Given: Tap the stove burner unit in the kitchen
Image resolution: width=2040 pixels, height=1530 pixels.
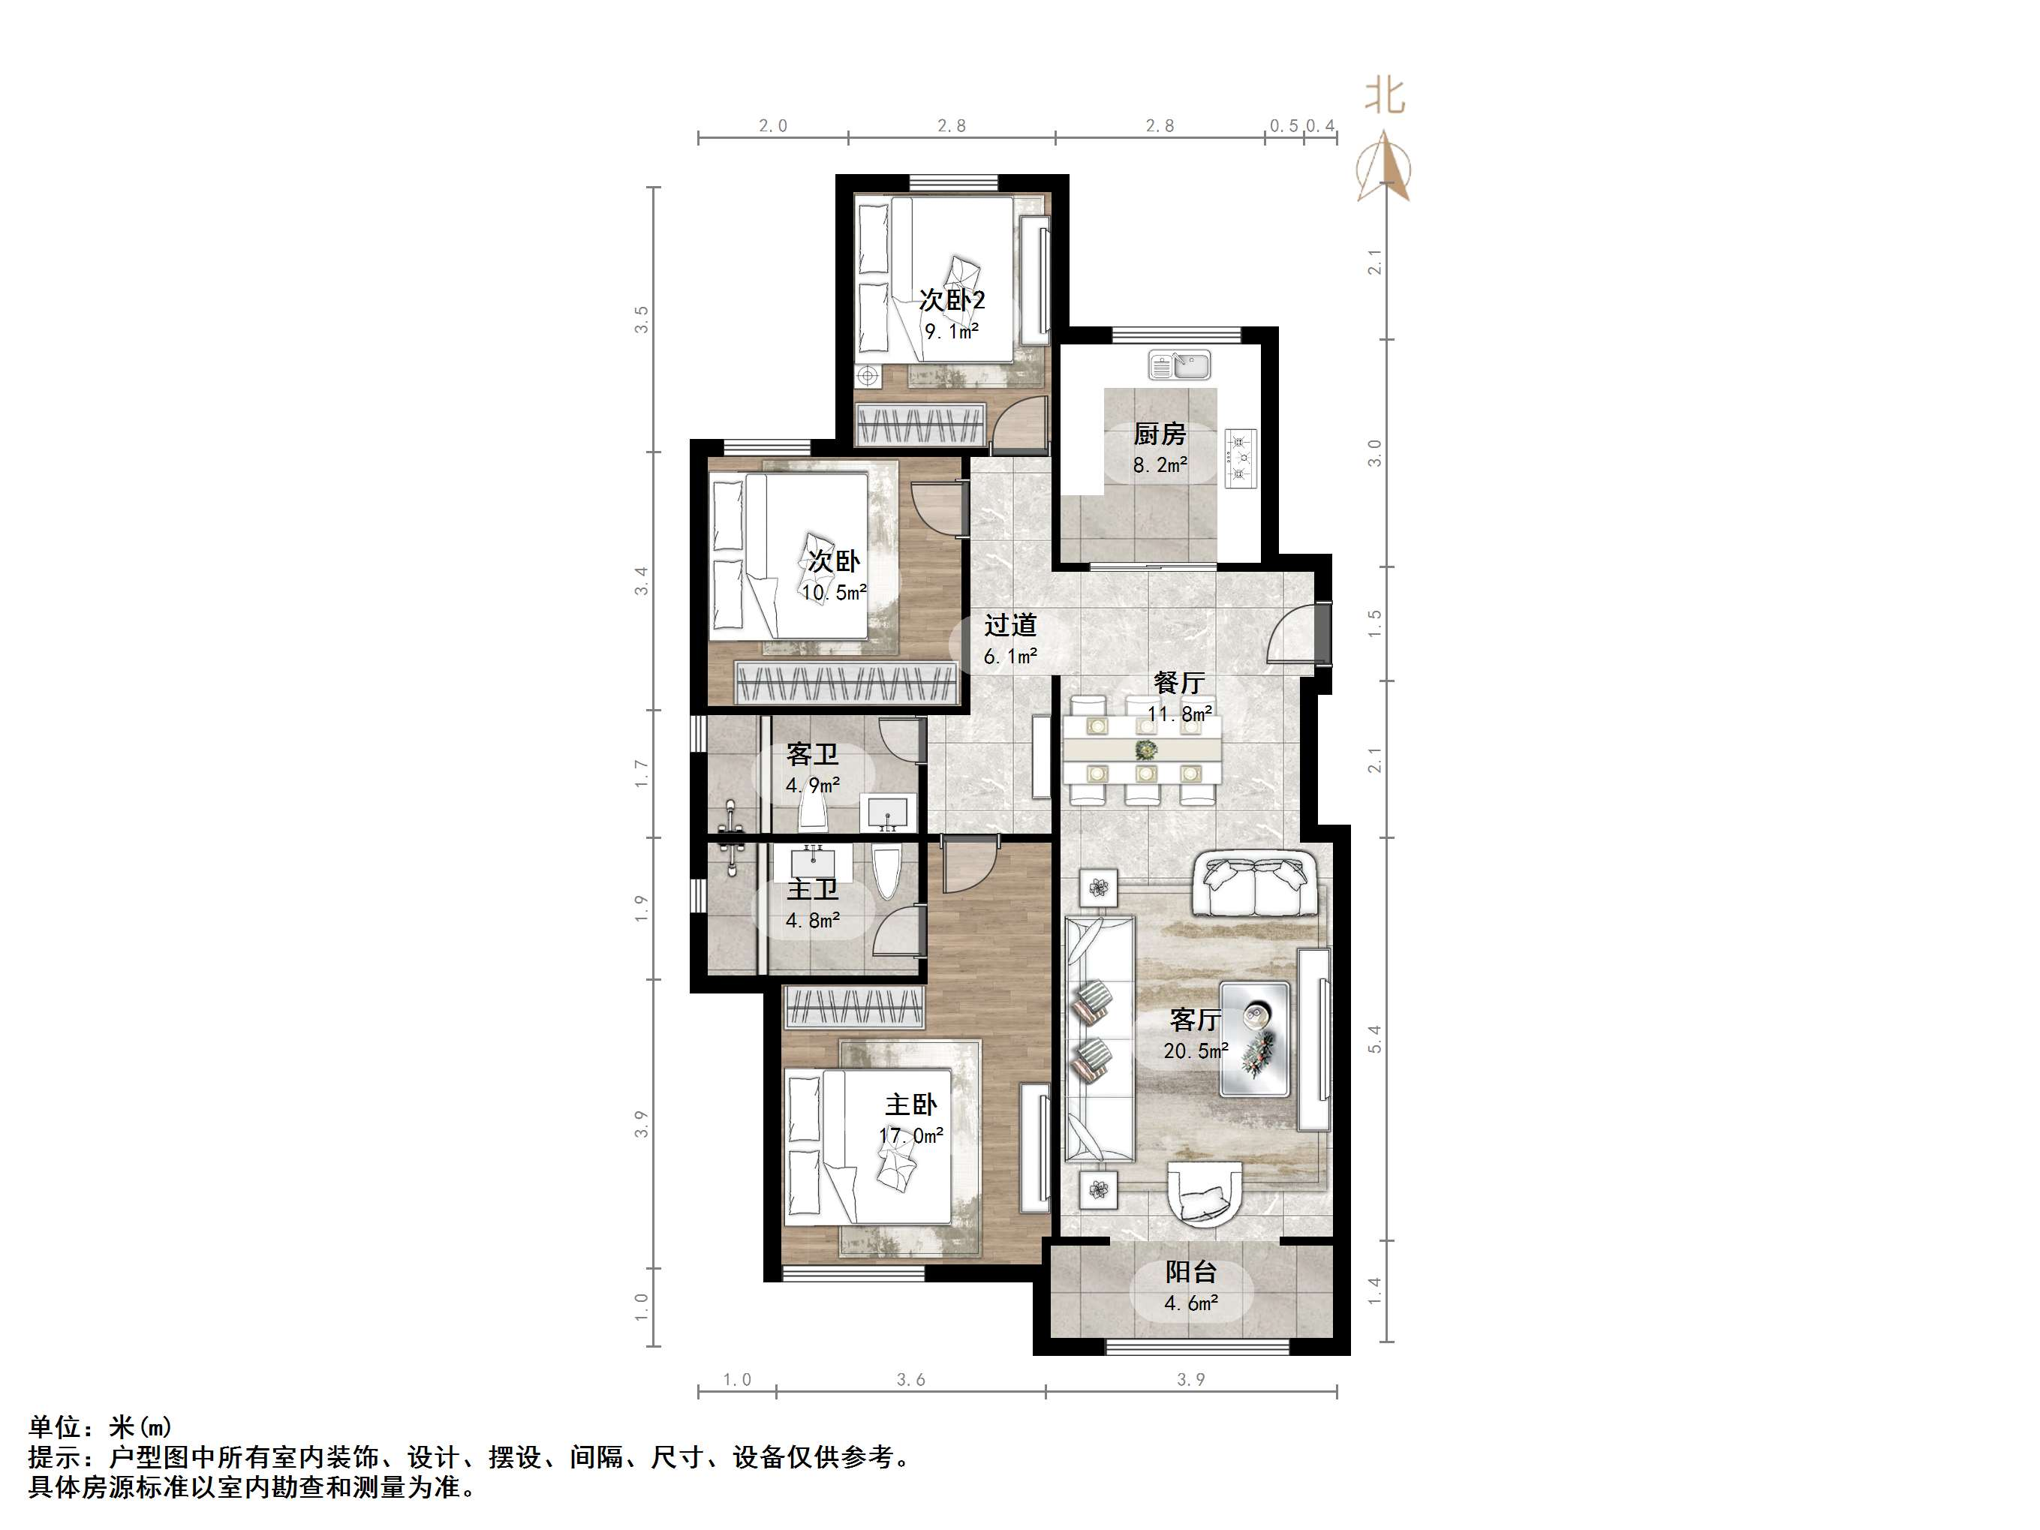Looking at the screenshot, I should click(1241, 458).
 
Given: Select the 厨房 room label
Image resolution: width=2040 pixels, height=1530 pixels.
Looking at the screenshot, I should click(1160, 434).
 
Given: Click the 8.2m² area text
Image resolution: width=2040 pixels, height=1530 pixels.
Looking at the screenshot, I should click(1160, 466).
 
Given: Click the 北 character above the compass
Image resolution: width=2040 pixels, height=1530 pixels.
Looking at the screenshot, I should click(1384, 97).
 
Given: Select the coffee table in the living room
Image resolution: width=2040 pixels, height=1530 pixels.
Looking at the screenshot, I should click(1254, 1039).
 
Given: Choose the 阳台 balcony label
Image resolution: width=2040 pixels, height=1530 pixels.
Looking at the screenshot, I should click(1190, 1273).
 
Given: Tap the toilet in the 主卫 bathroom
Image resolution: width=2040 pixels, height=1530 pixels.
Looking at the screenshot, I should click(886, 873).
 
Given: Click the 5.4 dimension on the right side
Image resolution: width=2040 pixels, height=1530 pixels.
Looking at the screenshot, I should click(1374, 1039).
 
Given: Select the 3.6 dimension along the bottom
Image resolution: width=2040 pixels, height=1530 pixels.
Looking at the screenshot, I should click(910, 1380).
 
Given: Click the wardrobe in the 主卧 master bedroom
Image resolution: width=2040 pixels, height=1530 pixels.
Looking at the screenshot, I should click(853, 1007).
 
